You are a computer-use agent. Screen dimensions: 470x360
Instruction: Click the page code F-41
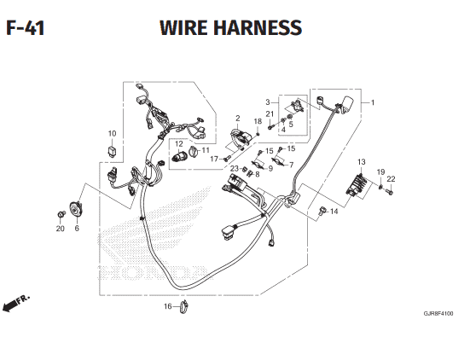(x=26, y=28)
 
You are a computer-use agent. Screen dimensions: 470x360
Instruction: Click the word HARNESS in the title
(x=258, y=27)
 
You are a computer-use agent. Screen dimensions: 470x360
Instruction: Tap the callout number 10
(x=112, y=133)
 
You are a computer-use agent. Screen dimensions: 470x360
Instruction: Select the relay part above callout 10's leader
(x=112, y=150)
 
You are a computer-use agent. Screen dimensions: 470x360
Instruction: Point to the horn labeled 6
(x=76, y=209)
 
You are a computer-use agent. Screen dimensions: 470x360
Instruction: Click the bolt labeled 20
(x=61, y=214)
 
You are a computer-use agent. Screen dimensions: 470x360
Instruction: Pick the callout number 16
(x=168, y=306)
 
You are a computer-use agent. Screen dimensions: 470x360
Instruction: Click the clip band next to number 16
(x=183, y=306)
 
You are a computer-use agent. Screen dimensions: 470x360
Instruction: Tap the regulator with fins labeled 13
(x=357, y=185)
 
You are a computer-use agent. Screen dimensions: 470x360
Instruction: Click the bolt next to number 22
(x=390, y=191)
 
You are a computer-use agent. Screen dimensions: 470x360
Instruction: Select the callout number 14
(x=334, y=212)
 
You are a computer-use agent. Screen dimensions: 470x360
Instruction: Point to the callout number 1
(x=373, y=102)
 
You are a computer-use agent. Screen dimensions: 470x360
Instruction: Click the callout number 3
(x=268, y=102)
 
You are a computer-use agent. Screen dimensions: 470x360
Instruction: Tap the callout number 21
(x=270, y=114)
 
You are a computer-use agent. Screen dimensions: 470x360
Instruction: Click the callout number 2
(x=238, y=118)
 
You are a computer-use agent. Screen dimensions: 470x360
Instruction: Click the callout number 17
(x=214, y=159)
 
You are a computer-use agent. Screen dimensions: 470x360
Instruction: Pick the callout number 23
(x=234, y=169)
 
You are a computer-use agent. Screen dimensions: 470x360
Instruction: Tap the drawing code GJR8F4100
(x=438, y=314)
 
